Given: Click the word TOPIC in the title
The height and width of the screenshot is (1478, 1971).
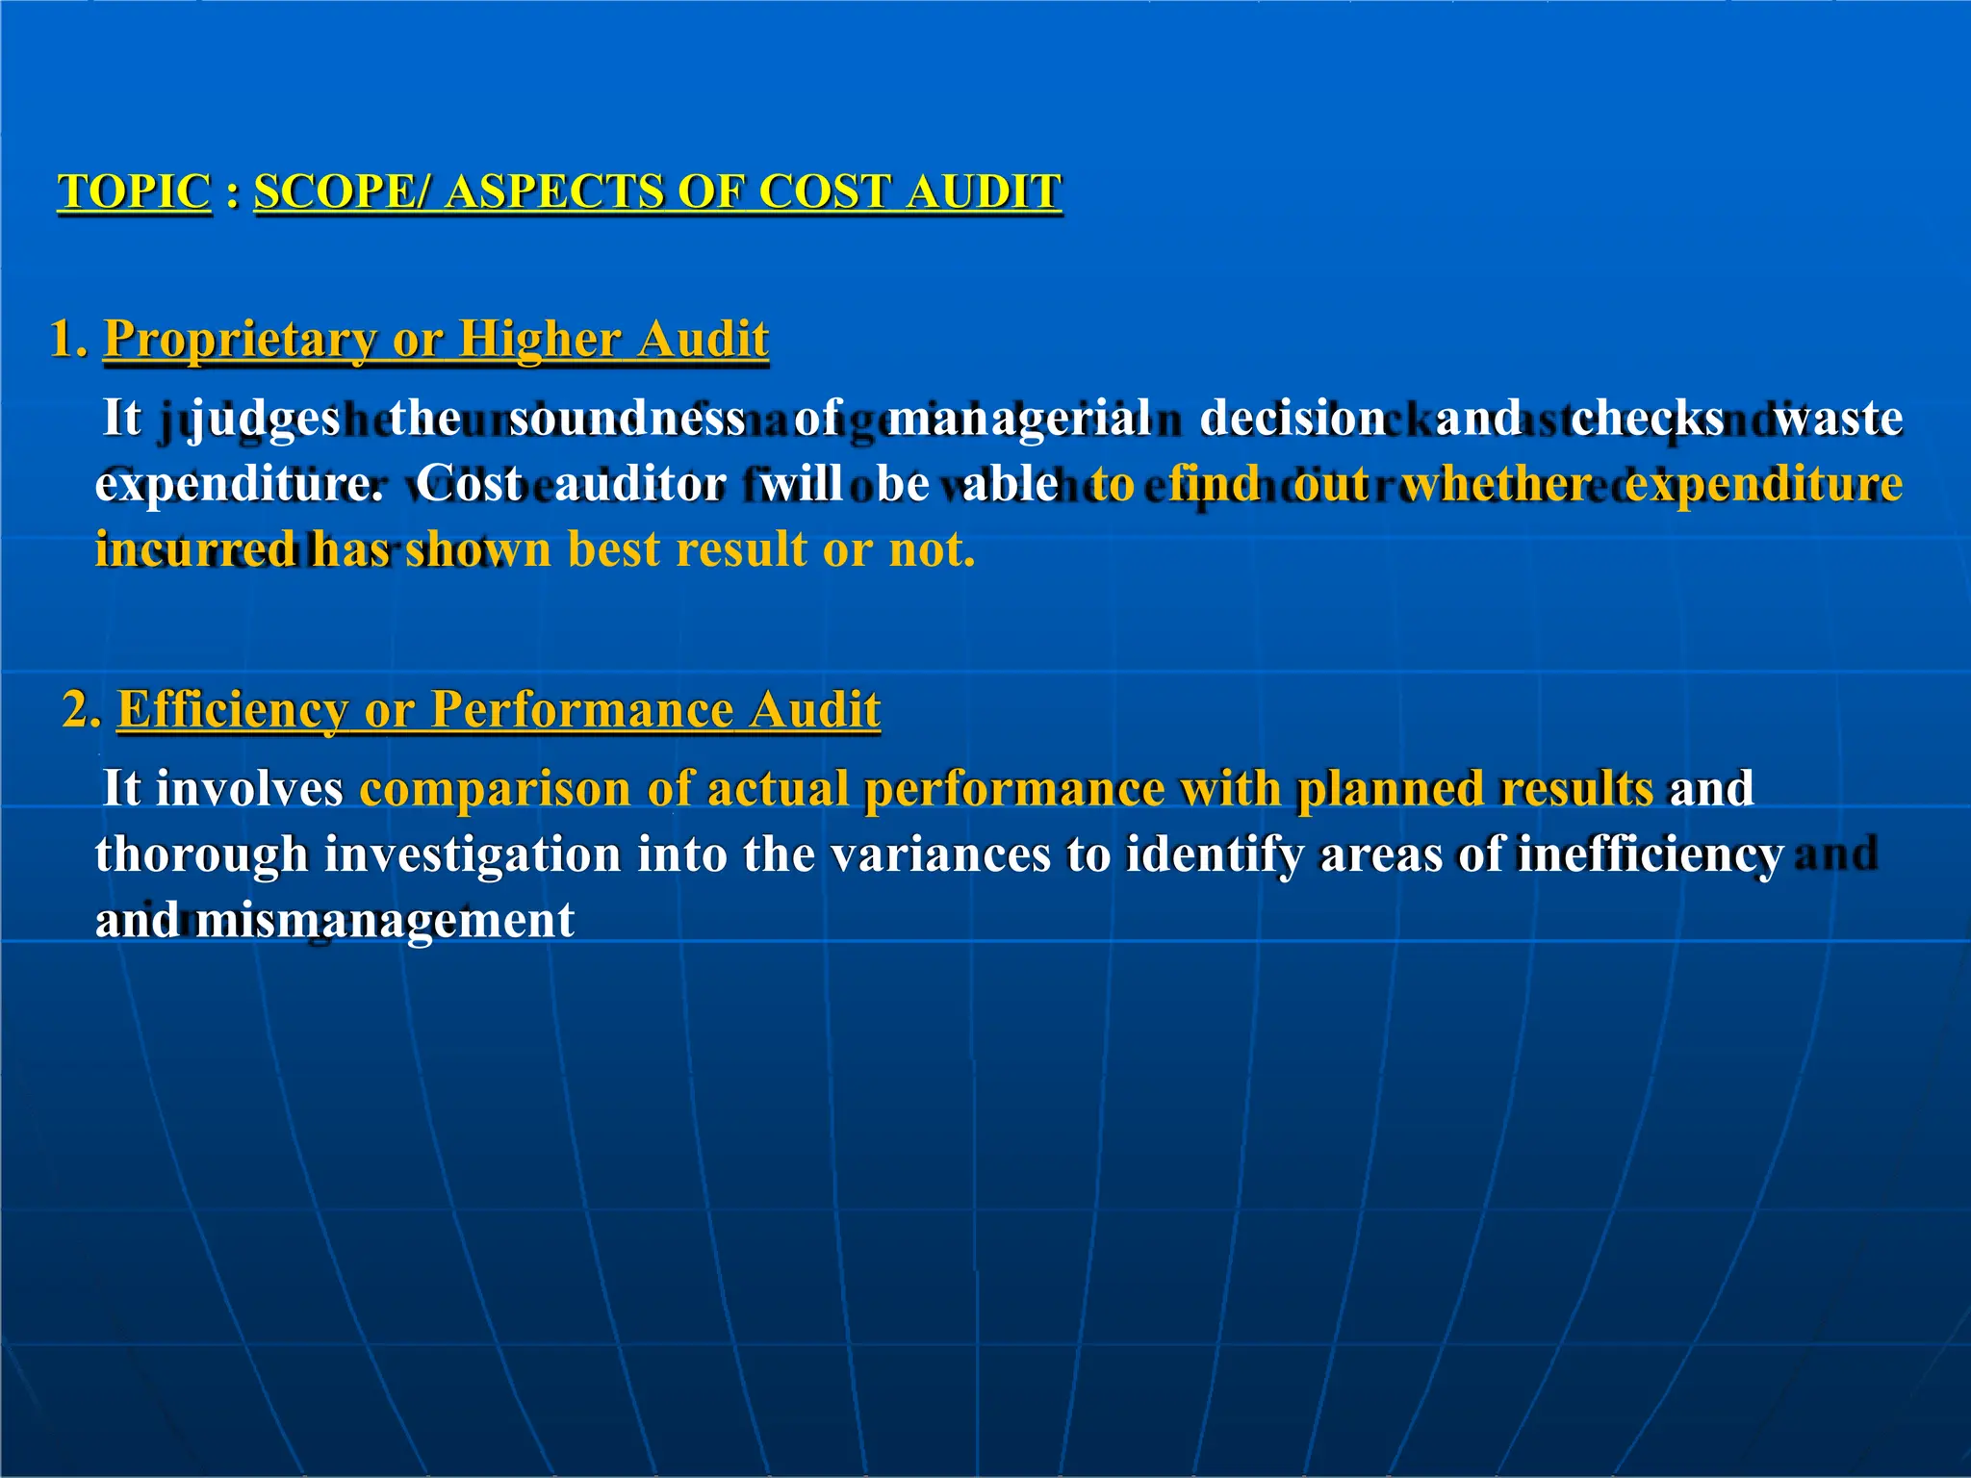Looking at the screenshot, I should tap(134, 191).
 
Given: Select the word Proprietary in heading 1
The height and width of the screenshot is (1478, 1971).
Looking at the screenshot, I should tap(240, 340).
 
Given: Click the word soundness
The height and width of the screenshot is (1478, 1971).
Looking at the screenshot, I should tap(627, 419).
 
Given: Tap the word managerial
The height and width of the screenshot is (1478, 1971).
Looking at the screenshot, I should tap(1018, 419).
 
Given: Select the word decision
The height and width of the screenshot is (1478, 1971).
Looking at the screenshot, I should tap(1293, 419).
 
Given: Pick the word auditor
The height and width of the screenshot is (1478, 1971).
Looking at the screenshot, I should tap(640, 483).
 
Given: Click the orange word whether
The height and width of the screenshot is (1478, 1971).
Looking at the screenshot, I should tap(1497, 483).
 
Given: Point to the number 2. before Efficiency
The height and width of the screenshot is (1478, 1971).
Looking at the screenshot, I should tap(83, 710).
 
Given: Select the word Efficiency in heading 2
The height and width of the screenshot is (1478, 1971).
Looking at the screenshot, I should tap(232, 710).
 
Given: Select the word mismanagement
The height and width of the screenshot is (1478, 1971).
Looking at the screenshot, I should tap(384, 921).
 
